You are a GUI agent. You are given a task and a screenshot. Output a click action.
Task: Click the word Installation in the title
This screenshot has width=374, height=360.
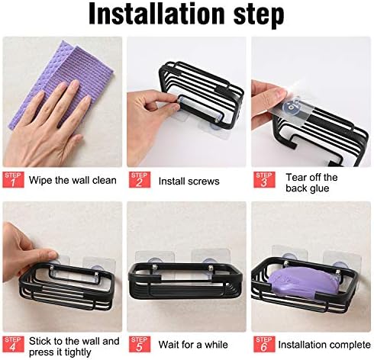point(156,14)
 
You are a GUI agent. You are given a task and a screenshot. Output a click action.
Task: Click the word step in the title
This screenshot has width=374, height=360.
point(259,15)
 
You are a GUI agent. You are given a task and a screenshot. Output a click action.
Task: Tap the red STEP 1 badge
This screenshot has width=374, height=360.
point(13,179)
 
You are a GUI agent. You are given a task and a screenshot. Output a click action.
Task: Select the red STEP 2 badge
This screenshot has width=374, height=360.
point(140,179)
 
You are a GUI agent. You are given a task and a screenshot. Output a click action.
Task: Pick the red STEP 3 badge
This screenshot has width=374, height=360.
point(264,179)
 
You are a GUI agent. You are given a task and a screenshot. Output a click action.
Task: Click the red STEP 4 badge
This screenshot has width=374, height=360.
point(13,344)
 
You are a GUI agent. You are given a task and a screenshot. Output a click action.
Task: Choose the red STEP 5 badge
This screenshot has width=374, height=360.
point(140,344)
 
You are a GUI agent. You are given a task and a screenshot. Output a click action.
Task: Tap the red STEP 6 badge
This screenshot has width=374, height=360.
point(264,344)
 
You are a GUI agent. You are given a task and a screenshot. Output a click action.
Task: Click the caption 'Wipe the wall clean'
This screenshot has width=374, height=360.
point(73,180)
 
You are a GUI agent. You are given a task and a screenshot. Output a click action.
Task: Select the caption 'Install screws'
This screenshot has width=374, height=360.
point(189,182)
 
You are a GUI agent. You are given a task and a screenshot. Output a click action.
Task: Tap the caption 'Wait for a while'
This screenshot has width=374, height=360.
point(193,345)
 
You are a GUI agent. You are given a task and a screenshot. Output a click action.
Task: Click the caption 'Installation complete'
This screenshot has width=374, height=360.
point(324,345)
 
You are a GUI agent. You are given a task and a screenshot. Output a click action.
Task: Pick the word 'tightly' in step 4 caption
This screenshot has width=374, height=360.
point(78,352)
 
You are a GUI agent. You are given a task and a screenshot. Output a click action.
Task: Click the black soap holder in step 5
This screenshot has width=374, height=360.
point(185,281)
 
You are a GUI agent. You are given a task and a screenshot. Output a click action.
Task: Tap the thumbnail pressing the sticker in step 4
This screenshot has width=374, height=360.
point(52,255)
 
